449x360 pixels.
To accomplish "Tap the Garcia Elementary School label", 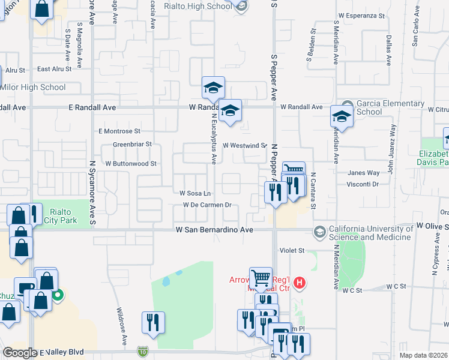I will click(376, 107).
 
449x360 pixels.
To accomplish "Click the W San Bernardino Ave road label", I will click(215, 230).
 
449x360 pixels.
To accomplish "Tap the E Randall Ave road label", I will click(92, 107).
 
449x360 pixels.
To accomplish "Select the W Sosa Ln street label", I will click(195, 193).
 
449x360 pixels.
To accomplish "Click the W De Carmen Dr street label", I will click(207, 205).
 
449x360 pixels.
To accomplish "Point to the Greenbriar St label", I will click(132, 145).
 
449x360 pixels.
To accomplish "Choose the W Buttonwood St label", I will click(130, 163).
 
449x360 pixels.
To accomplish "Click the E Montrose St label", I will click(119, 131).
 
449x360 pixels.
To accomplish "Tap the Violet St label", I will click(292, 250).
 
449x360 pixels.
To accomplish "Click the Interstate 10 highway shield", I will click(142, 350).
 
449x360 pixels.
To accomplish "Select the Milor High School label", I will click(33, 88).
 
